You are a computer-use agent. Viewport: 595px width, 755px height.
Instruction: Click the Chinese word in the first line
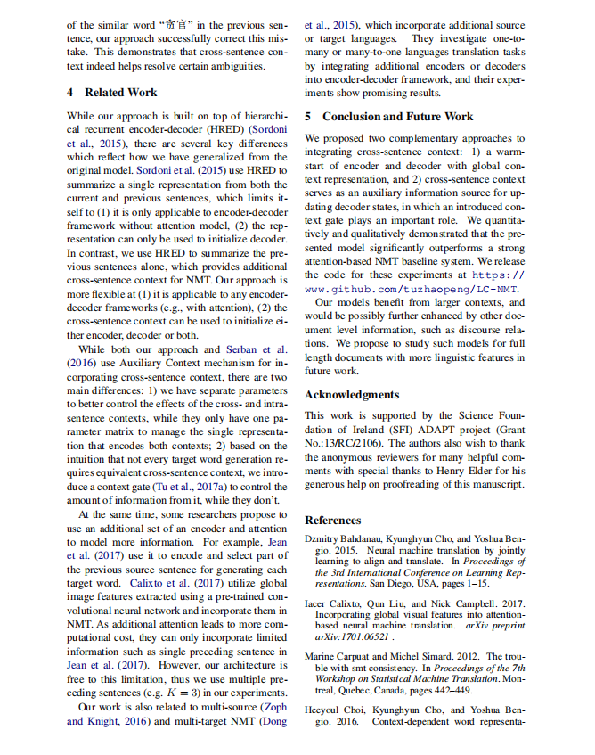point(175,26)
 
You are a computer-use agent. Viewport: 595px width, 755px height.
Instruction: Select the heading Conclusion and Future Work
point(397,116)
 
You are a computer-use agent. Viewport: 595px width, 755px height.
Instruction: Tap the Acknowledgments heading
point(352,394)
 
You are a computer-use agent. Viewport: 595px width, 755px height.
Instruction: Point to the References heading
point(333,520)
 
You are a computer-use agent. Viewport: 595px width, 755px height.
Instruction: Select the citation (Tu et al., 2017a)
point(186,488)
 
